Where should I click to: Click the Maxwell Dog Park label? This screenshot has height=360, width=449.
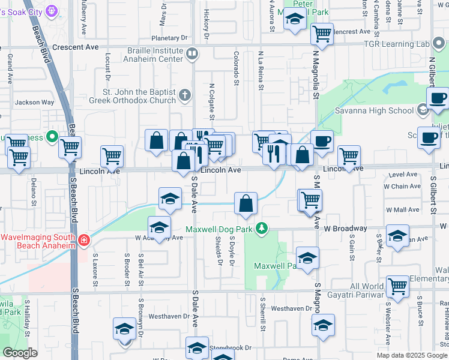(219, 229)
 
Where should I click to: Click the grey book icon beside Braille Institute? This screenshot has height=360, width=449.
(192, 54)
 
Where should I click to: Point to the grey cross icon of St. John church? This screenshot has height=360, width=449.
(185, 94)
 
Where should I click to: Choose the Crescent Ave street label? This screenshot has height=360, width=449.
(76, 47)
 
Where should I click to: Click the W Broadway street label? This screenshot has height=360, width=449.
(345, 229)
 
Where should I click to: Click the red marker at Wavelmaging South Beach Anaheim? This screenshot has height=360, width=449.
(83, 241)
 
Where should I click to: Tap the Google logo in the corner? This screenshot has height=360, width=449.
(20, 353)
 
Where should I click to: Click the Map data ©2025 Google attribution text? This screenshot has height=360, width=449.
(412, 355)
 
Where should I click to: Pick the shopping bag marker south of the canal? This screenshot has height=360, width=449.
(246, 204)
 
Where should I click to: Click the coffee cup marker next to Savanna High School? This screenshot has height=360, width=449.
(438, 98)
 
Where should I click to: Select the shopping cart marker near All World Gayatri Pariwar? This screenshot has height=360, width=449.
(397, 287)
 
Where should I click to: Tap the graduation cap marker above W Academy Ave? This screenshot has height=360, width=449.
(160, 227)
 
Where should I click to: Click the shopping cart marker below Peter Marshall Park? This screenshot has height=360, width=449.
(322, 34)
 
